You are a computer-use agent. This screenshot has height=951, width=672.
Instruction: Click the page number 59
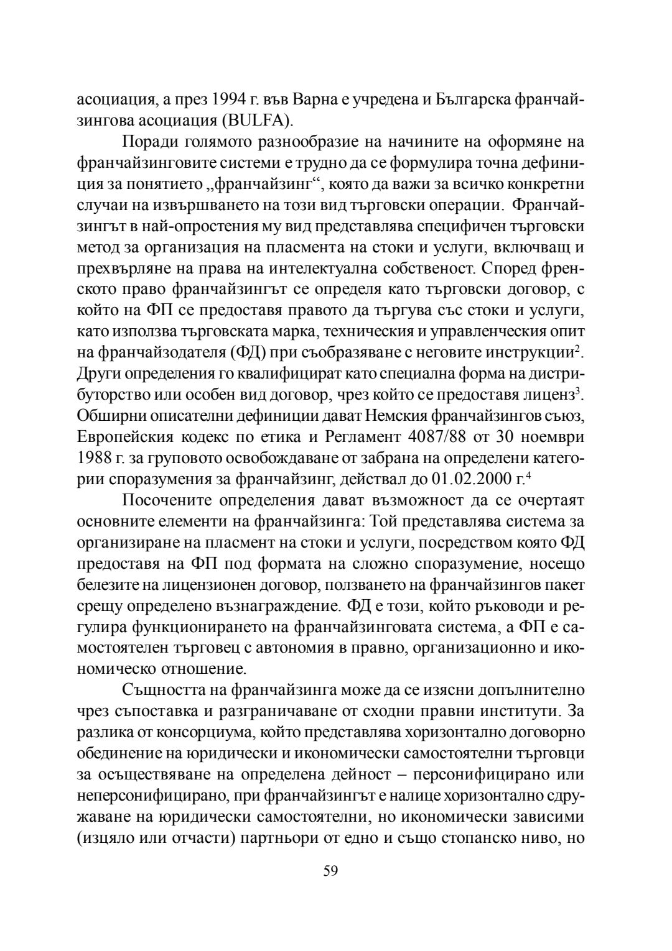[x=330, y=871]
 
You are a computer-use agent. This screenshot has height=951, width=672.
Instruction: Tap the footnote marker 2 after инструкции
[x=577, y=348]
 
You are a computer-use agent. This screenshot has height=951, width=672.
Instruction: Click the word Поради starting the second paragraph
[x=149, y=142]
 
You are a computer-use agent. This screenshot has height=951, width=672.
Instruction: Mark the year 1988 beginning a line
[x=94, y=457]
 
